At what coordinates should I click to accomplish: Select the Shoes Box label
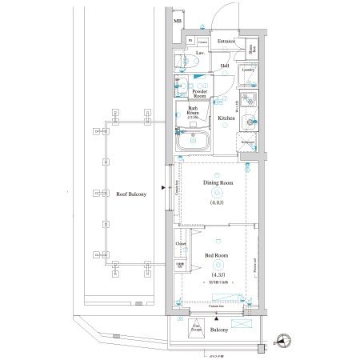pyautogui.click(x=252, y=49)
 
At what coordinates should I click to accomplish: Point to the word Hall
pyautogui.click(x=225, y=66)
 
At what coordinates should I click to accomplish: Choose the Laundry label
pyautogui.click(x=247, y=70)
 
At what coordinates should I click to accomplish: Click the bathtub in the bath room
pyautogui.click(x=193, y=142)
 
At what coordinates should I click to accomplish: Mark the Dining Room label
pyautogui.click(x=218, y=183)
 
